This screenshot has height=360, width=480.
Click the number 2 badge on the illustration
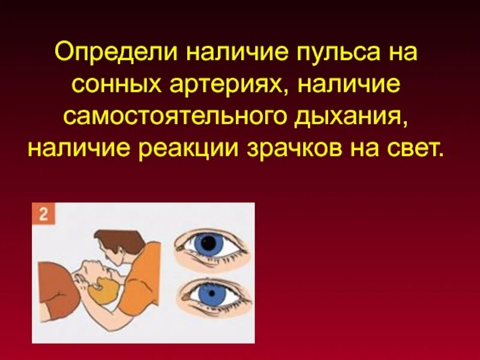[x=43, y=215]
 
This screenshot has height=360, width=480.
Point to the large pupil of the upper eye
[x=208, y=243]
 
